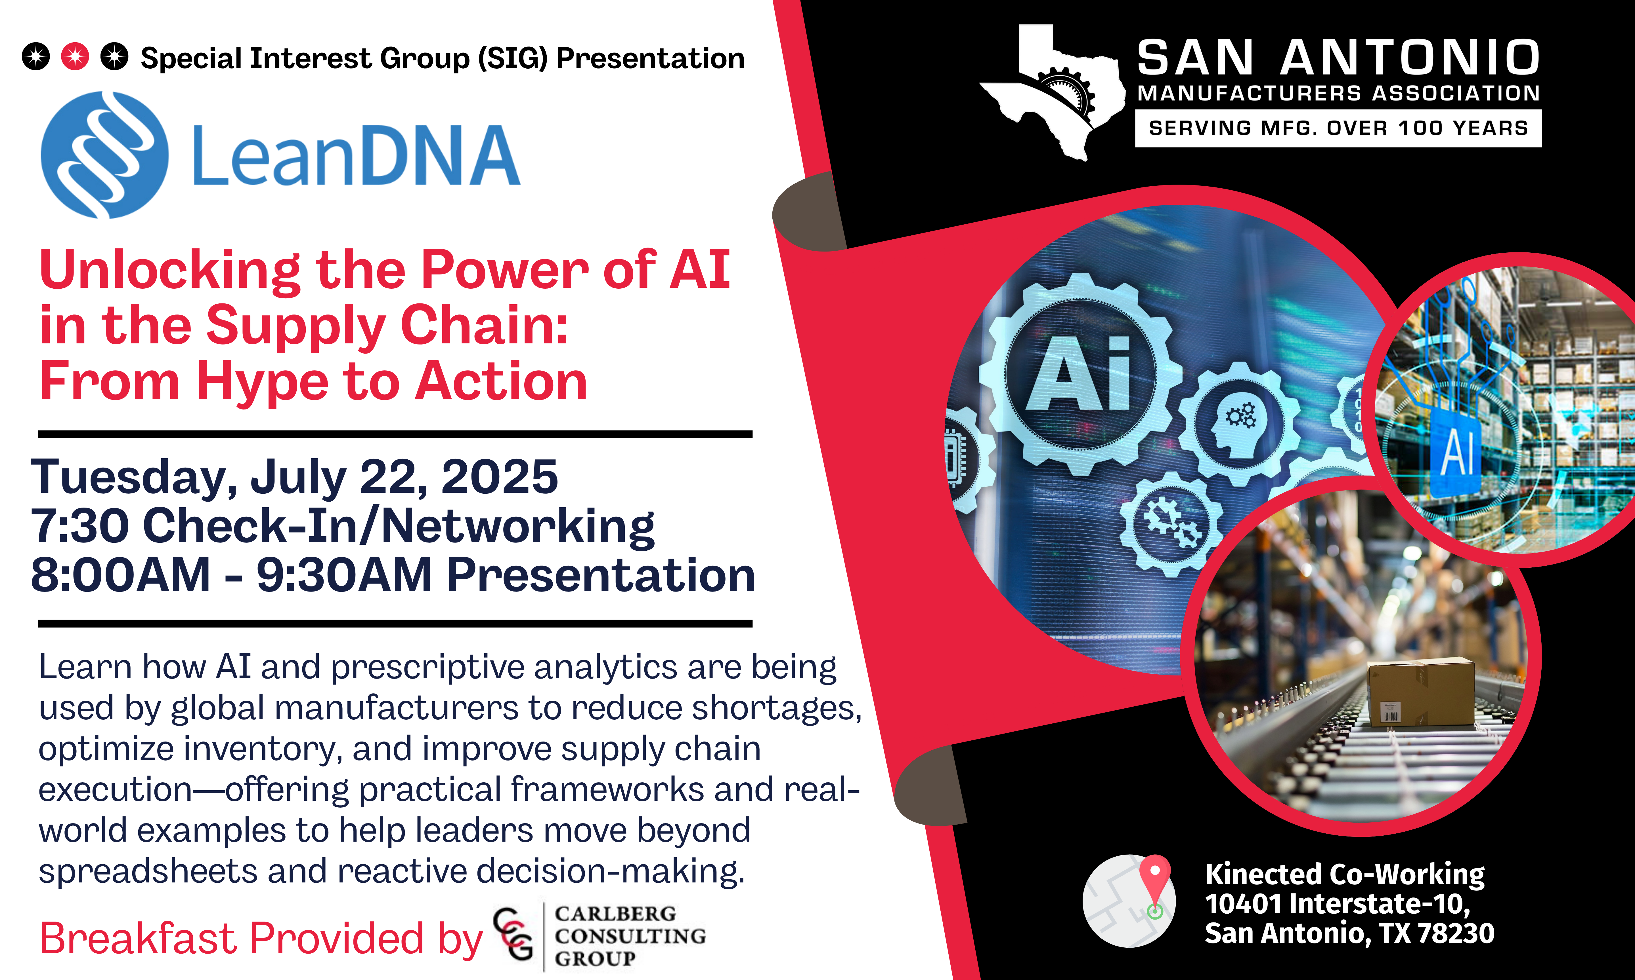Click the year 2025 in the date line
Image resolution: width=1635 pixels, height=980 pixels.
[x=500, y=477]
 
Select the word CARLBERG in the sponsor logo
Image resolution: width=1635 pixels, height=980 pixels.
[x=615, y=914]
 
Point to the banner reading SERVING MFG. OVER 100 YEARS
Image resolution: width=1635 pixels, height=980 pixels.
[x=1338, y=128]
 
